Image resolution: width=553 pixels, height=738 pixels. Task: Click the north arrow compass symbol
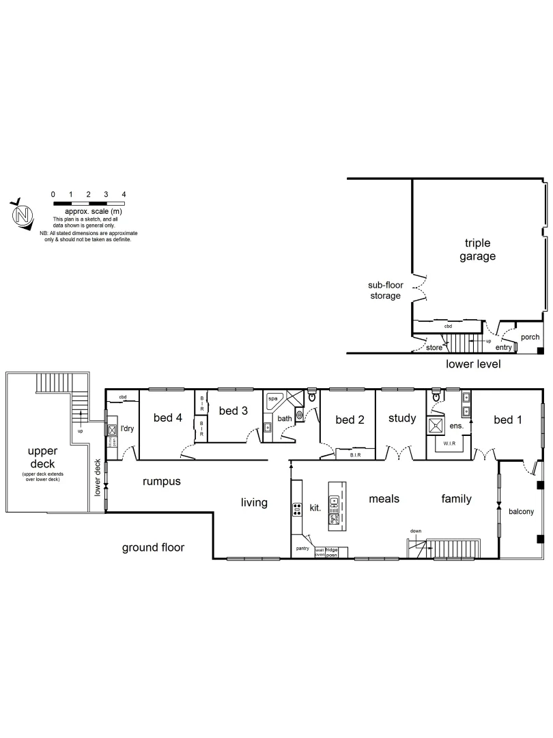click(23, 215)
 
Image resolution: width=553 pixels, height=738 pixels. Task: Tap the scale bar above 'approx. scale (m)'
click(88, 204)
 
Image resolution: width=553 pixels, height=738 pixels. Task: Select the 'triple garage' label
click(477, 250)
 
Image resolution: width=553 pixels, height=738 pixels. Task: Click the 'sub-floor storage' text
click(384, 290)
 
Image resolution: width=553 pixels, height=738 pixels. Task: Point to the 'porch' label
click(530, 337)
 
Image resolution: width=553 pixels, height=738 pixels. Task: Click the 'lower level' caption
click(473, 364)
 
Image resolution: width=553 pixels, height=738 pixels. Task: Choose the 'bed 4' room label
click(167, 418)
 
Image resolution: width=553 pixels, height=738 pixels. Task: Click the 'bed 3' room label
click(233, 411)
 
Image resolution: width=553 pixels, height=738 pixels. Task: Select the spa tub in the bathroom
click(273, 398)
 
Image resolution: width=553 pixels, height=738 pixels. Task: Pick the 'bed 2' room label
click(350, 420)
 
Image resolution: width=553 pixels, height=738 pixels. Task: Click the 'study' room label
click(401, 418)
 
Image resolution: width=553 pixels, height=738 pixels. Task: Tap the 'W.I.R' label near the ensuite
click(449, 443)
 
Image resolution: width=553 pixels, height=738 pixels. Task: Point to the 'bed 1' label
click(507, 420)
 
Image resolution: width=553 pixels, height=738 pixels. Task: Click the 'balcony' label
click(520, 511)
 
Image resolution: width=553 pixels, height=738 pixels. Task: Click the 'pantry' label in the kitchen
click(302, 548)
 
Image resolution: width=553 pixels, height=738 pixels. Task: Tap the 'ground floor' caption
click(153, 547)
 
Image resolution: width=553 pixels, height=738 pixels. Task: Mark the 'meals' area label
click(384, 499)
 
